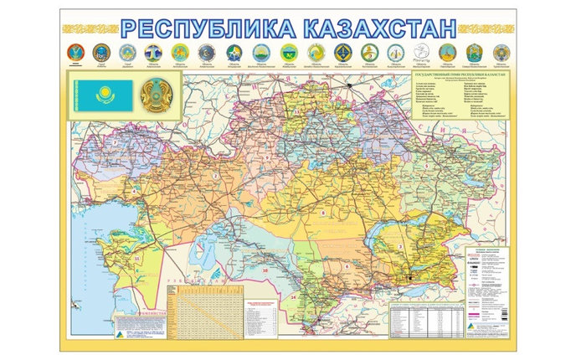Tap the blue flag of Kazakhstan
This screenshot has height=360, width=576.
coord(102,95)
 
